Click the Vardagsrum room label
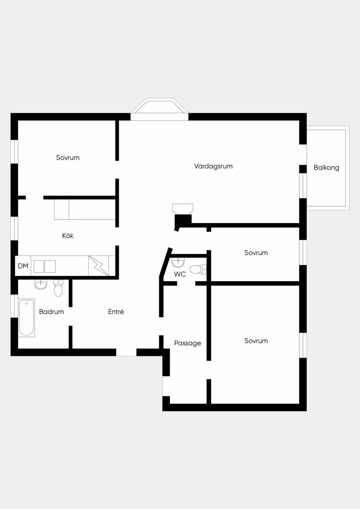click(x=213, y=166)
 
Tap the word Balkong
click(x=326, y=168)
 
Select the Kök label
click(x=68, y=236)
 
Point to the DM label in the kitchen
click(x=23, y=266)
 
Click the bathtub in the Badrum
click(x=26, y=318)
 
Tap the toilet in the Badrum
click(x=58, y=288)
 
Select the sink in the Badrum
click(x=41, y=284)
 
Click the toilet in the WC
click(x=198, y=269)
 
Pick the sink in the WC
click(x=178, y=263)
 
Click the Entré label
click(x=116, y=311)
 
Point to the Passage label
click(x=187, y=343)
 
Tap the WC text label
click(x=180, y=274)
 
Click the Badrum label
click(x=51, y=311)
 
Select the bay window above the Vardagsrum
click(x=159, y=109)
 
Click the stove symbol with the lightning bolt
click(x=98, y=266)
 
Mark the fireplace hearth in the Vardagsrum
click(x=183, y=208)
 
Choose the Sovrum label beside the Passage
click(x=256, y=341)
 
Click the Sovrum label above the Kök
click(x=68, y=158)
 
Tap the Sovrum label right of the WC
click(x=256, y=253)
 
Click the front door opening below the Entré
click(x=126, y=353)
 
